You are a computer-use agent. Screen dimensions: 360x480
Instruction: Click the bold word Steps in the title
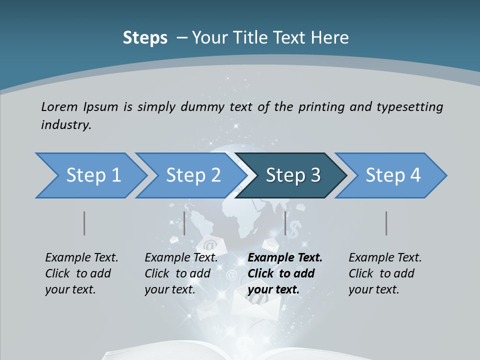(x=145, y=38)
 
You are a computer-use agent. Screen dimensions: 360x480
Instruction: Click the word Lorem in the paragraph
(x=59, y=107)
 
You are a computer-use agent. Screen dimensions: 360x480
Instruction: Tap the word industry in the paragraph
(x=65, y=125)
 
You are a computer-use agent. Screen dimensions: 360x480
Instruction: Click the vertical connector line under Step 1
(x=84, y=223)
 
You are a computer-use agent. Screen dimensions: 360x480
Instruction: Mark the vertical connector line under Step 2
(x=184, y=223)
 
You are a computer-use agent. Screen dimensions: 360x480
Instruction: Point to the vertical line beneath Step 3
(x=285, y=223)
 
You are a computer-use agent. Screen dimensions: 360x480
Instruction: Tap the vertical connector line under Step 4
(x=386, y=223)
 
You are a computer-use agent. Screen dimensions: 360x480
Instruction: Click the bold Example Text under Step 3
(x=285, y=258)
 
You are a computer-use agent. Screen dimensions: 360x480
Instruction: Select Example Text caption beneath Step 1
(x=81, y=258)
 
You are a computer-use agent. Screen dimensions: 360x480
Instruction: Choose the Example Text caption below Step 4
(x=385, y=258)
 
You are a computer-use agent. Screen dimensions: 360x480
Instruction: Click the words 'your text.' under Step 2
(x=169, y=289)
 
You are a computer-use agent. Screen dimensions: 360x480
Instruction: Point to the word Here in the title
(x=332, y=38)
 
